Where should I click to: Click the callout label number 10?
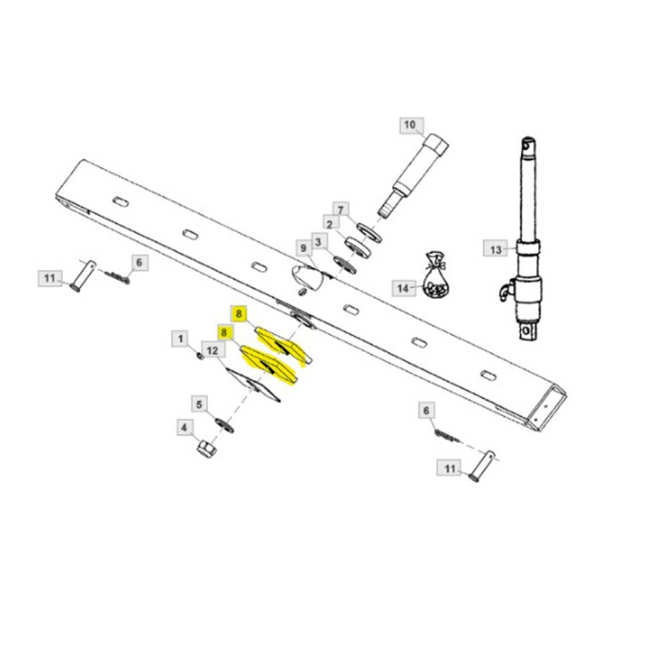[410, 125]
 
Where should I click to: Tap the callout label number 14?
[403, 287]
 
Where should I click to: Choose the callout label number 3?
[319, 241]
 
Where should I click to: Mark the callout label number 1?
[177, 337]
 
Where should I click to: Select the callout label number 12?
[212, 351]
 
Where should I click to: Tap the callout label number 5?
[198, 404]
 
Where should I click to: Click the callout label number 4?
[183, 428]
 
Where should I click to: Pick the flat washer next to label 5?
[220, 422]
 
